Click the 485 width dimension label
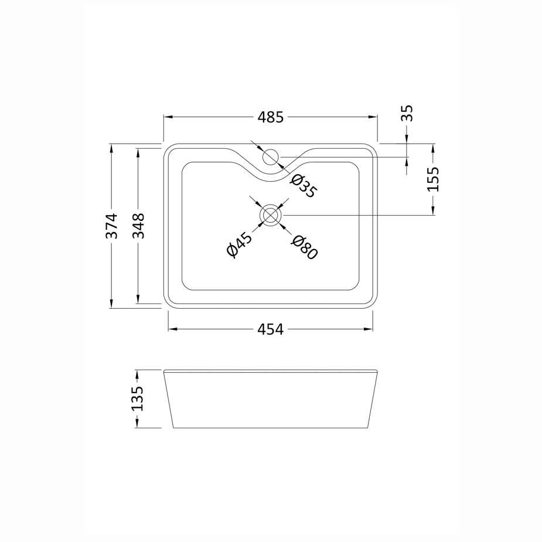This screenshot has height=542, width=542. tap(271, 117)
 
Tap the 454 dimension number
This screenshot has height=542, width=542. tap(271, 329)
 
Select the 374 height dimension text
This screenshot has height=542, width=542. tap(112, 226)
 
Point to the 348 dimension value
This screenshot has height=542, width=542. tap(138, 226)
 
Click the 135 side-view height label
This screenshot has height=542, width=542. tap(137, 398)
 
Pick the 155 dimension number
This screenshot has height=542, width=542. tap(433, 179)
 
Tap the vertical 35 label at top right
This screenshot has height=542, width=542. tap(407, 113)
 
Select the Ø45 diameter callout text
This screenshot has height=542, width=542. tap(239, 245)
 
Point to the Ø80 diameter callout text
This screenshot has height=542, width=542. tap(304, 247)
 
